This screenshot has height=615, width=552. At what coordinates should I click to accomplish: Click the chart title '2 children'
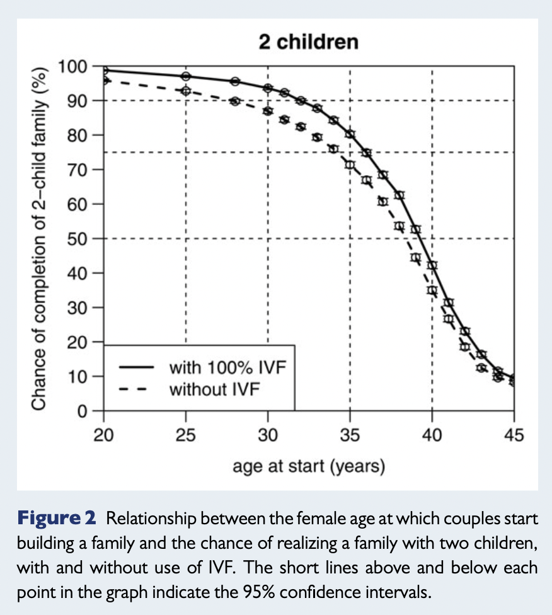[x=308, y=42]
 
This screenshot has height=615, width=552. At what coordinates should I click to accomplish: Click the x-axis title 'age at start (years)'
[x=308, y=466]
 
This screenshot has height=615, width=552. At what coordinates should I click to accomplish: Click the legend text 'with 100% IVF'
[x=227, y=366]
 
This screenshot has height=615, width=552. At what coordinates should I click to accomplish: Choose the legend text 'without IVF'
[x=214, y=389]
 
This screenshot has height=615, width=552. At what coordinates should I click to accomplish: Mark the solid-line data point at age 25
[x=186, y=76]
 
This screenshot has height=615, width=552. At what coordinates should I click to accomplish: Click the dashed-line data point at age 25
[x=186, y=91]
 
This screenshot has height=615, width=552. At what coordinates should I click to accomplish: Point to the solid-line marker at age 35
[x=350, y=134]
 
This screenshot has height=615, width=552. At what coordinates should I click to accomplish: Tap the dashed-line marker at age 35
[x=350, y=164]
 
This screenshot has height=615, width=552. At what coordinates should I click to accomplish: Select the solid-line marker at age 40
[x=432, y=265]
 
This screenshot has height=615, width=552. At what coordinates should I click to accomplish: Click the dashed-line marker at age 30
[x=268, y=111]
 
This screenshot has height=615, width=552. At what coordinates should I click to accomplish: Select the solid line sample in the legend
[x=135, y=366]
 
